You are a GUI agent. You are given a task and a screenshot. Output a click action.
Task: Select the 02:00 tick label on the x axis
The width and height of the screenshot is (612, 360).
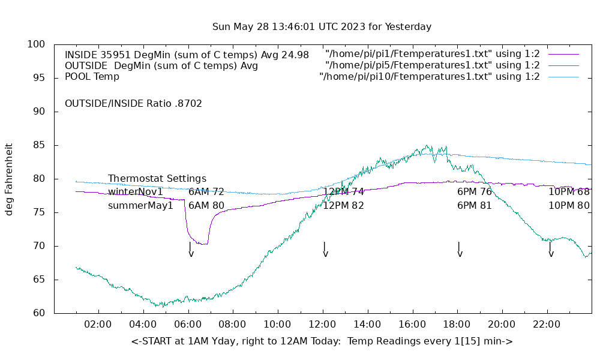point(98,324)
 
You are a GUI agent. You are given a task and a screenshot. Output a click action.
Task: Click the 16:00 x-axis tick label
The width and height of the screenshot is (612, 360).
point(412,324)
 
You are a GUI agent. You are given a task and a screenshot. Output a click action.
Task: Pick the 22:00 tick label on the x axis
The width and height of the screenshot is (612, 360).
point(547,324)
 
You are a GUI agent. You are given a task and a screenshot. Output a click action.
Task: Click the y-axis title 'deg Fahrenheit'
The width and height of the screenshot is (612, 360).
point(10,179)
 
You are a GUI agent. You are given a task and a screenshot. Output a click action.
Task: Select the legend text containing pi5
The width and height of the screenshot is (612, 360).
point(432,65)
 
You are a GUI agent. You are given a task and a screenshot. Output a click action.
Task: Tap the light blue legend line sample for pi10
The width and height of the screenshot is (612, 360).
point(563,77)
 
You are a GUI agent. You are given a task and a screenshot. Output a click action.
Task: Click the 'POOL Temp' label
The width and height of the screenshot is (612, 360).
point(92,77)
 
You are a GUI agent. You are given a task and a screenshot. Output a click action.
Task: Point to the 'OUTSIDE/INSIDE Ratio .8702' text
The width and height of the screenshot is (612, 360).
point(133,104)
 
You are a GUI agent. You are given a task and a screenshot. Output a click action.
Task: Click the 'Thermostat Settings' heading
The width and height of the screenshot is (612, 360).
point(157,179)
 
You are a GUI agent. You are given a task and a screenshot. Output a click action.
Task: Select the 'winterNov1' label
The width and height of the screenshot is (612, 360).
point(136,192)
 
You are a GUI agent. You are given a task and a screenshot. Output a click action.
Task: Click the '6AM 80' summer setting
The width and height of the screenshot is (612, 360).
point(206,206)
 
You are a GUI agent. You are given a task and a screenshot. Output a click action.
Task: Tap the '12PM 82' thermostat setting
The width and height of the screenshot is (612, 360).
point(344,206)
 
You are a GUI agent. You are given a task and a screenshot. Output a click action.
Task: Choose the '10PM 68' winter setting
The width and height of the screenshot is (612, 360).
point(569,192)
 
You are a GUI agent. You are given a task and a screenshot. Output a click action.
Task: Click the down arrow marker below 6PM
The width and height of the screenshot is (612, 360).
point(460,250)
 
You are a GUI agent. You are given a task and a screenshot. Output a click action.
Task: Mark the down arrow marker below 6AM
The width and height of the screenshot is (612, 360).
point(191,250)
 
